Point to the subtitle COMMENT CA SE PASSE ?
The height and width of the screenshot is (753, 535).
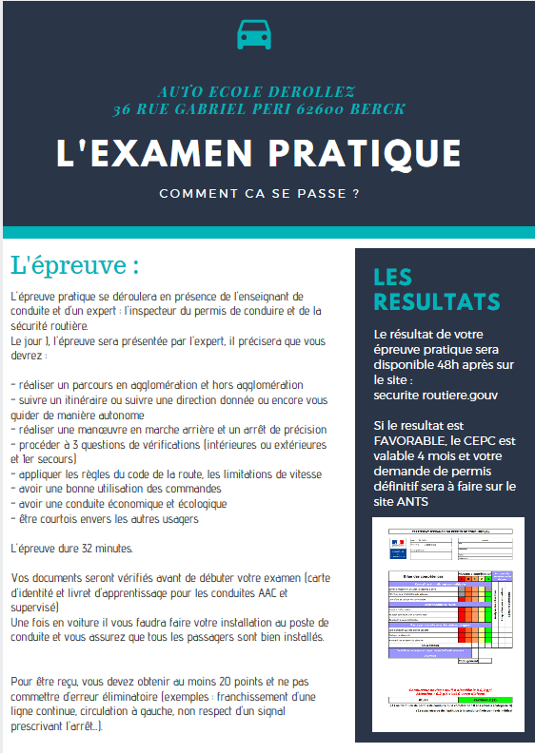click(x=259, y=194)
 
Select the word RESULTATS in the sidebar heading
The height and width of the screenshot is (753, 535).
click(x=437, y=301)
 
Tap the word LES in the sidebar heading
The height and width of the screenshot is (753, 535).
click(x=393, y=278)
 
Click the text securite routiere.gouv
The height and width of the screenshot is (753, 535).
click(x=435, y=394)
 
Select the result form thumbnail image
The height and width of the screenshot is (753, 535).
click(x=442, y=618)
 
